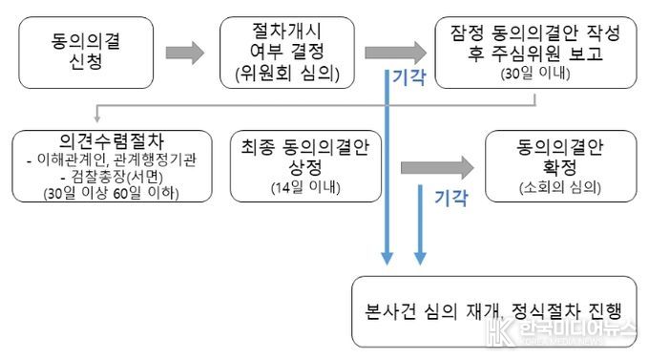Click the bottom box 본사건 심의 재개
pos(492,311)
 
